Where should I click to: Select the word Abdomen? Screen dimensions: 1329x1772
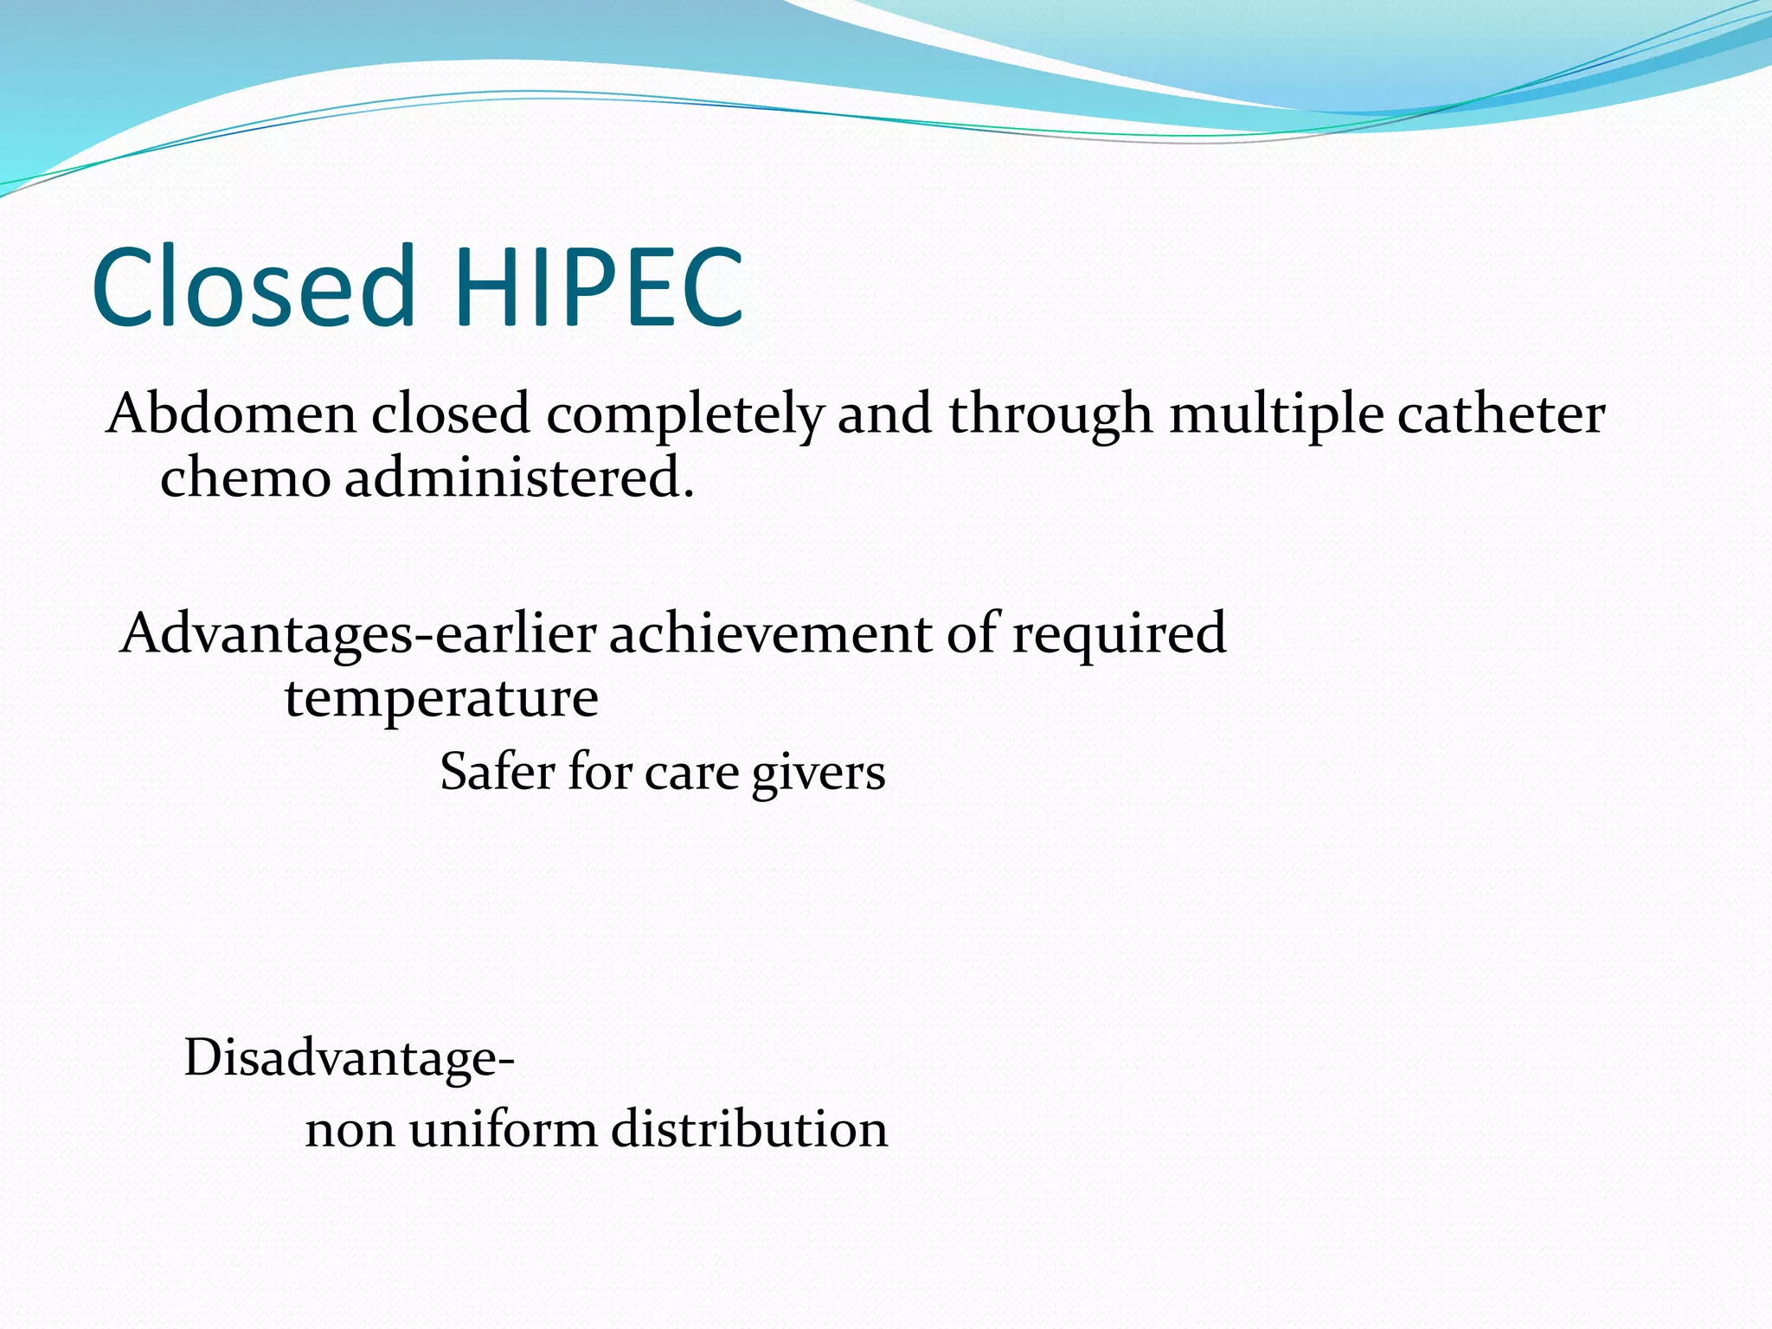231,414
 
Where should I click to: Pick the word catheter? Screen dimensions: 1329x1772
1501,414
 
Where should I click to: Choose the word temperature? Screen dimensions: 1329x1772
441,699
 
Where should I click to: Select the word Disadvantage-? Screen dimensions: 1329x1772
350,1057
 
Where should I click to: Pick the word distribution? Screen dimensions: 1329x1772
749,1129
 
